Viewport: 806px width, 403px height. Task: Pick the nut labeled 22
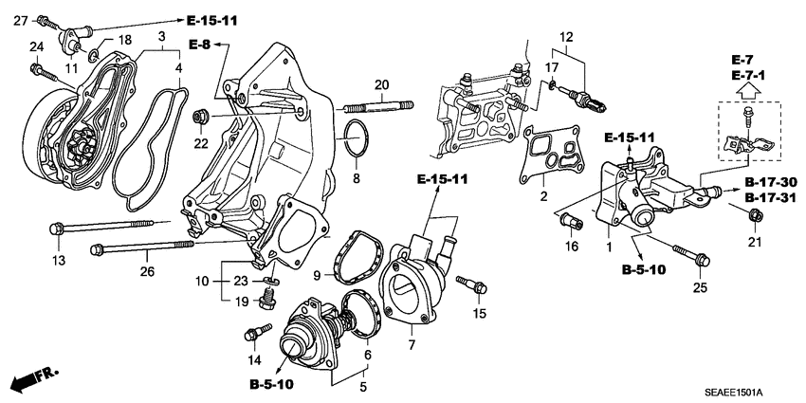pos(201,118)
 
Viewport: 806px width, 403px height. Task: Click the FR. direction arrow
pos(34,379)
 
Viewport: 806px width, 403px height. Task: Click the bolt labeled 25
pos(694,253)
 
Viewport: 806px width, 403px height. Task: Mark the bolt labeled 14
pos(254,333)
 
